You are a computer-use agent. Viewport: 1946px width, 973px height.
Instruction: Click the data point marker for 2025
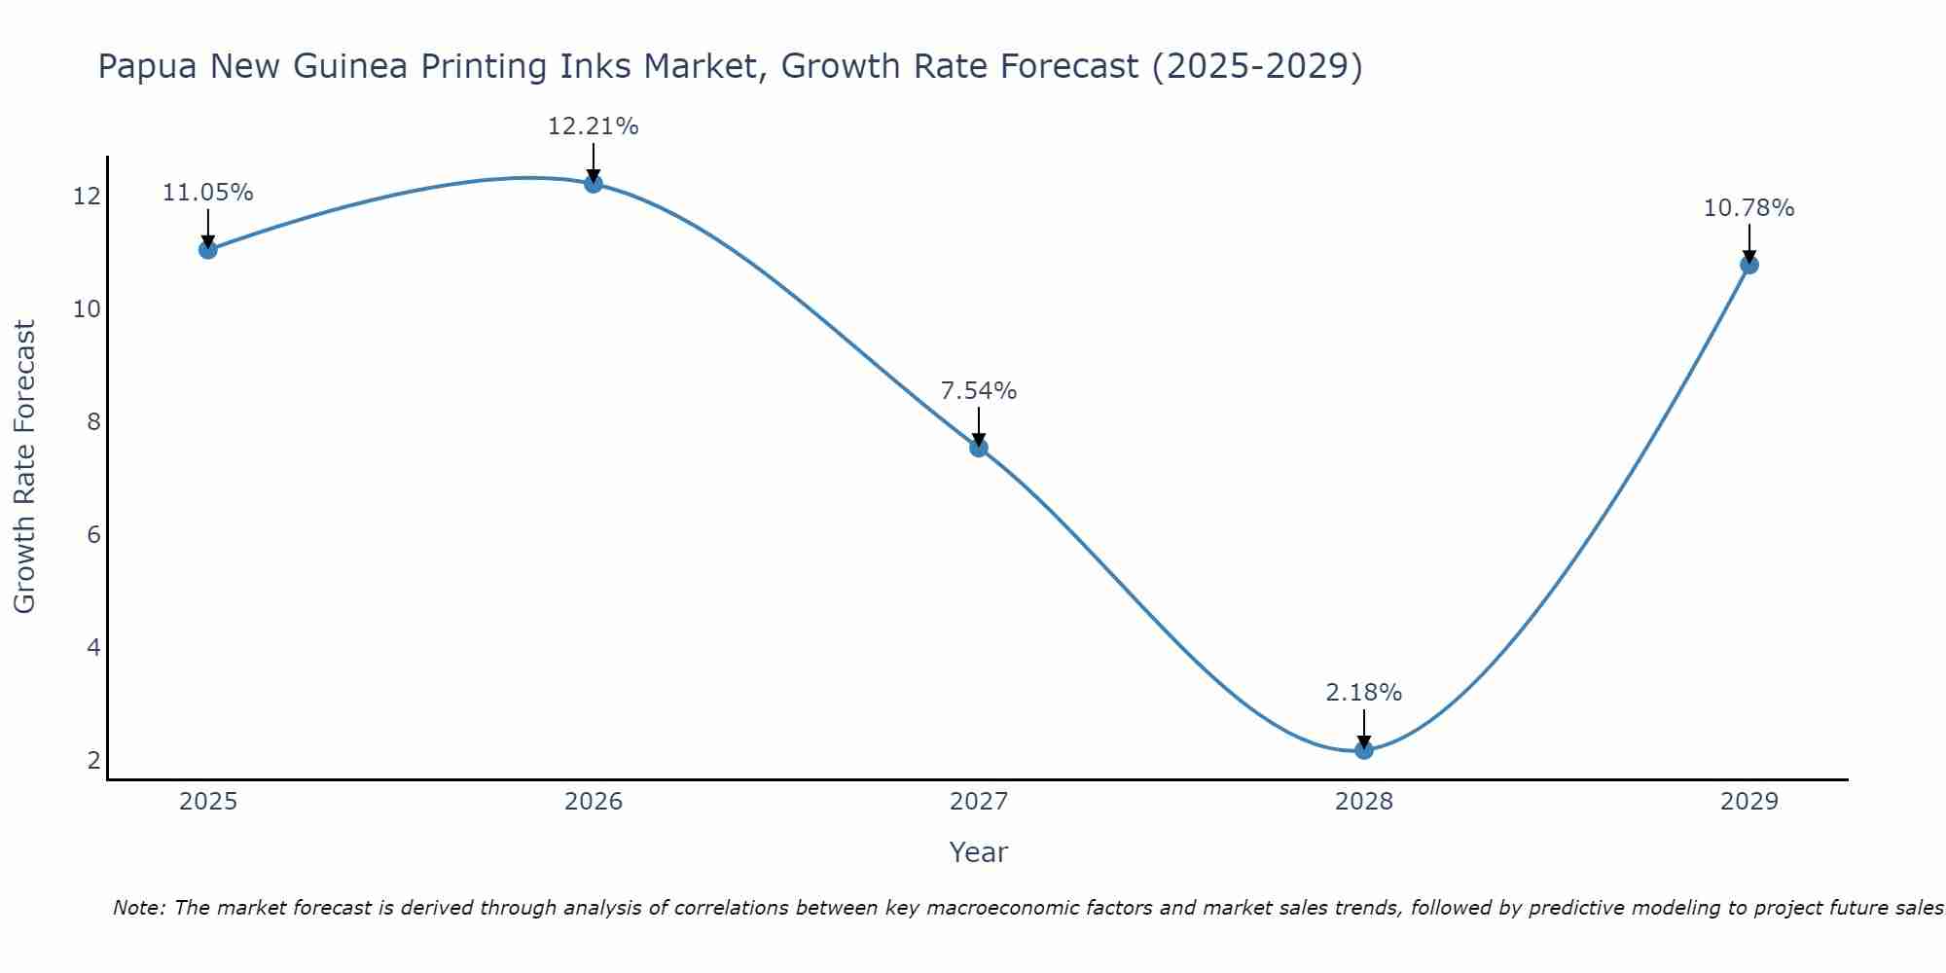point(207,249)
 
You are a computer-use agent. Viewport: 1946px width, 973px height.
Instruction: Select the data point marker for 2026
point(594,183)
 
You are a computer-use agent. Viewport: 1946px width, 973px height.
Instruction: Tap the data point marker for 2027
point(979,448)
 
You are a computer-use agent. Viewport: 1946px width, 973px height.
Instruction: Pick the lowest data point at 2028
point(1364,749)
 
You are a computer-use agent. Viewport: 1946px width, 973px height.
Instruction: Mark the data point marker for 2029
point(1748,265)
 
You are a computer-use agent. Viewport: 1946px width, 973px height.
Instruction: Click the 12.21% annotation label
point(594,126)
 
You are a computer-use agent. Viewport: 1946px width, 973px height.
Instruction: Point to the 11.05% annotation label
point(207,193)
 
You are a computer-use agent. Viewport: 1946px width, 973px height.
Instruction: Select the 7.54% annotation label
point(979,391)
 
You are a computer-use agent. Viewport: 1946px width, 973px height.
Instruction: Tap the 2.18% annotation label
point(1364,693)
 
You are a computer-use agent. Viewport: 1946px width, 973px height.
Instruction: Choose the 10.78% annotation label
point(1748,208)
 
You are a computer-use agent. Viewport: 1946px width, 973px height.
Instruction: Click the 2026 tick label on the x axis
point(594,802)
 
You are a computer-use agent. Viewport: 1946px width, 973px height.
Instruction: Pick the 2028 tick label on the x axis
point(1364,802)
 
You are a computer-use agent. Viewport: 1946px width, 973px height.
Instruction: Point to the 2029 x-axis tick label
point(1748,802)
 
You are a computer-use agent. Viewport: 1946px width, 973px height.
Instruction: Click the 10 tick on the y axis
point(88,309)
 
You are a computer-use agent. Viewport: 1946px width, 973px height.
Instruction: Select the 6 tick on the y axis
point(93,535)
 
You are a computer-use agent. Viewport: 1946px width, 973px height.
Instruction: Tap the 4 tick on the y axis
point(93,648)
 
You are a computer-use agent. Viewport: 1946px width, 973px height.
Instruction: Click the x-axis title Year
point(979,852)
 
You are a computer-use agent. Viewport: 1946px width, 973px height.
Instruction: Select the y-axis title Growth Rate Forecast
point(25,467)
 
